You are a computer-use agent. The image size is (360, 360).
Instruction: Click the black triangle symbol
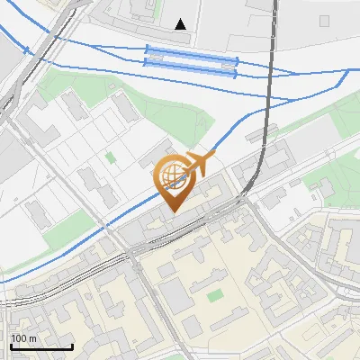[182, 24]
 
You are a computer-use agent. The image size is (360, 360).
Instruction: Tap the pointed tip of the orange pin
[172, 211]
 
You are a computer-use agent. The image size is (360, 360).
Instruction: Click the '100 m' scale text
[23, 338]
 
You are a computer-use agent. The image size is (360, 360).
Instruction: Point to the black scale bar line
[41, 346]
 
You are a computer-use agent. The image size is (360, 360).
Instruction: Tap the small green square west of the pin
[111, 157]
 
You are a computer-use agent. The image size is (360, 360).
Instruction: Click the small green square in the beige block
[214, 295]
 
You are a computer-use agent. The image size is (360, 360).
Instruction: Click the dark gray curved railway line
[264, 135]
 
